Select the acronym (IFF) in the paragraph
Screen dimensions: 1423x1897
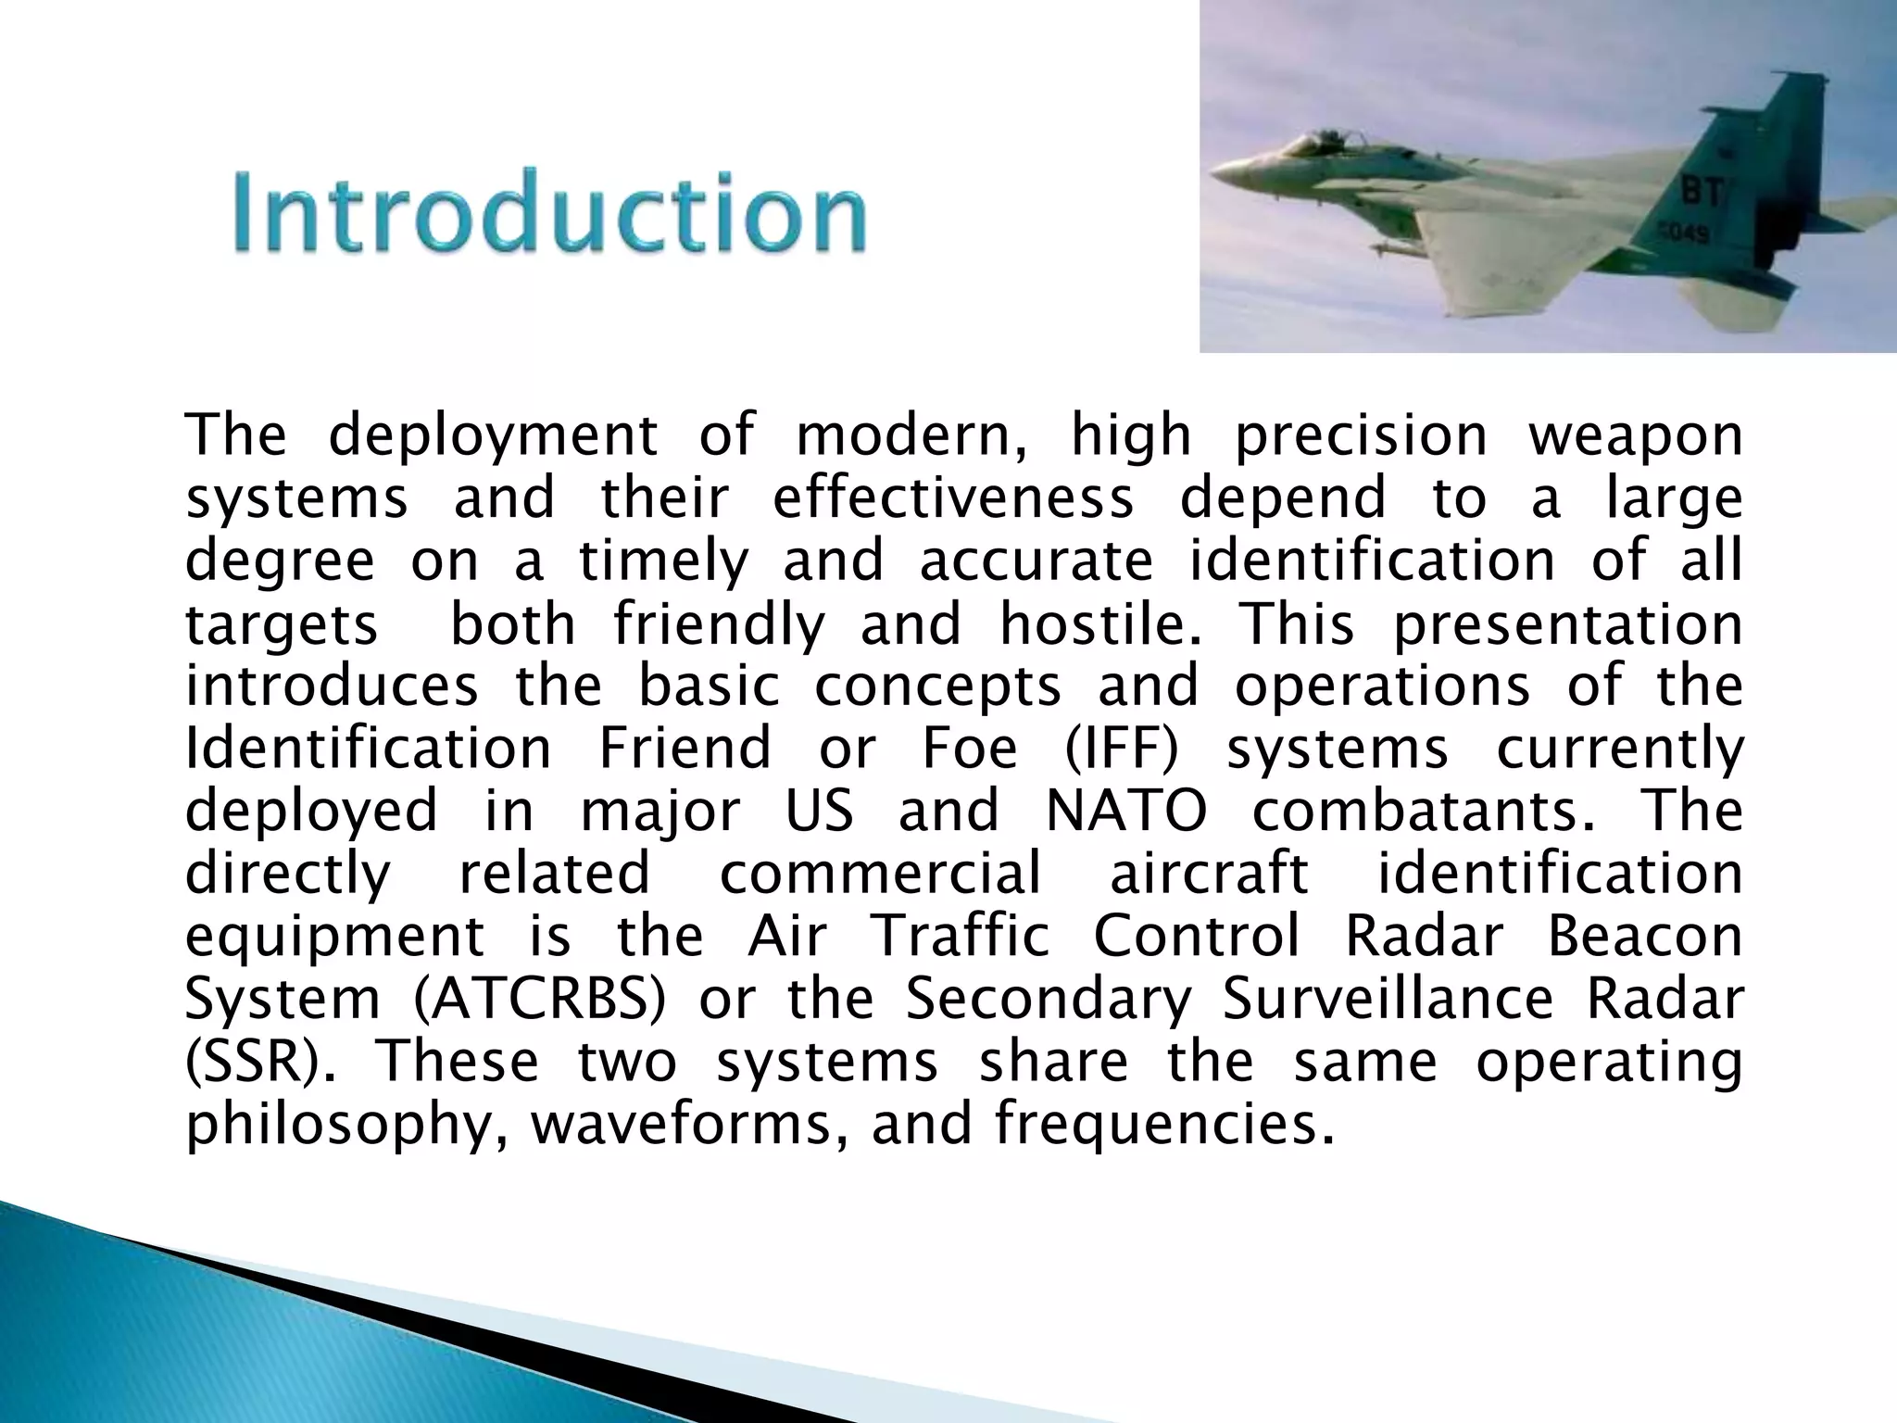coord(1121,749)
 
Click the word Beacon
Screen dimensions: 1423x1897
coord(1645,936)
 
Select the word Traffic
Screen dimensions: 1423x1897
coord(961,936)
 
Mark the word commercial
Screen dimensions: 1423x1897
coord(880,874)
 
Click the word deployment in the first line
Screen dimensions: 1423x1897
coord(493,435)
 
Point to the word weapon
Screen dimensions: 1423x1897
coord(1636,435)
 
